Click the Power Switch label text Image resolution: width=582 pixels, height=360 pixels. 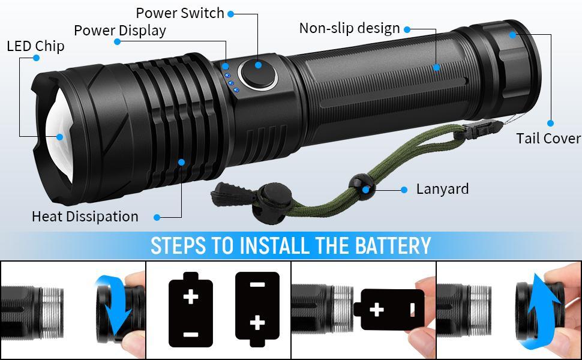(179, 13)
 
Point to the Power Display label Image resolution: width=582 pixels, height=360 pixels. (119, 30)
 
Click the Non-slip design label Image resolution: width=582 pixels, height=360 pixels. (349, 28)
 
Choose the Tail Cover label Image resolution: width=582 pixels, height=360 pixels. (548, 139)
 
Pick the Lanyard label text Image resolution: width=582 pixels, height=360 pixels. (442, 189)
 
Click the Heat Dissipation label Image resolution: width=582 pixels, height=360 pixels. (85, 217)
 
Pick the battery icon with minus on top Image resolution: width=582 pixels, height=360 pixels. (257, 311)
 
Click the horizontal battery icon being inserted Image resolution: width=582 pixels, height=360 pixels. (388, 310)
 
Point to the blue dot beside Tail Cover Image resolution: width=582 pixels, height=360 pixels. (550, 123)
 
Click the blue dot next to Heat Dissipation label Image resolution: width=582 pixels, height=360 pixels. (157, 217)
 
